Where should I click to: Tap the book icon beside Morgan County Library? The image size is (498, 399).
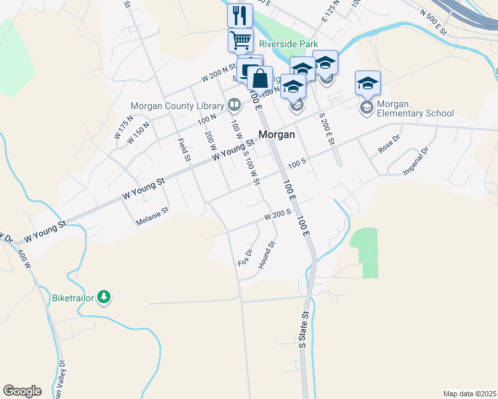coord(234,104)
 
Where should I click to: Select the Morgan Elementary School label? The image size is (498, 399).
coord(415,108)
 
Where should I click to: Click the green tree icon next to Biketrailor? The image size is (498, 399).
coord(103,297)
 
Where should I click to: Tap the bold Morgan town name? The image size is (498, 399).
coord(276,134)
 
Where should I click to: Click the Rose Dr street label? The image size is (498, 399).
coord(388,145)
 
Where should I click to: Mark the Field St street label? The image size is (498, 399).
coord(184,148)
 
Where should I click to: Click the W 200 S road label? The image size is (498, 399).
coord(278,215)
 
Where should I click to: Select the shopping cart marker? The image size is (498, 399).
coord(240,39)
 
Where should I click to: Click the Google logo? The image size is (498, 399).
coord(22,391)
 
